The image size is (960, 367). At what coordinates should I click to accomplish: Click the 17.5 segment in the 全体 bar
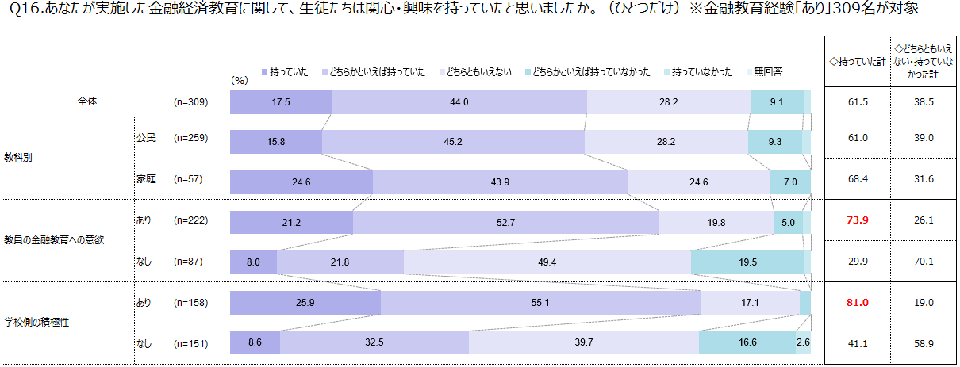pos(280,102)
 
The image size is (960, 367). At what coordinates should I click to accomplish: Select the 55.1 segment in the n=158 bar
pos(540,303)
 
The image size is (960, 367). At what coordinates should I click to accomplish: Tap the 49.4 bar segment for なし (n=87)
pos(547,262)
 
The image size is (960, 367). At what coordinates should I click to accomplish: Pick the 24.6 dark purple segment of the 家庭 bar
pos(301,182)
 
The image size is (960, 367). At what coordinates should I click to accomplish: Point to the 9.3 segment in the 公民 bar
pos(774,142)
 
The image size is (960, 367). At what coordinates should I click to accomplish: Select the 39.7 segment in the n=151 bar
pos(583,342)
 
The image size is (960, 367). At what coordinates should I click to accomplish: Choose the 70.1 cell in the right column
pos(922,262)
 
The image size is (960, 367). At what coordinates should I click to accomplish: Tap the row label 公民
pos(145,137)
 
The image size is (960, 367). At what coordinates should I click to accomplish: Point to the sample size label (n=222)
pos(190,220)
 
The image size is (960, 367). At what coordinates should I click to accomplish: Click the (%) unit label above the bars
pos(240,80)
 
